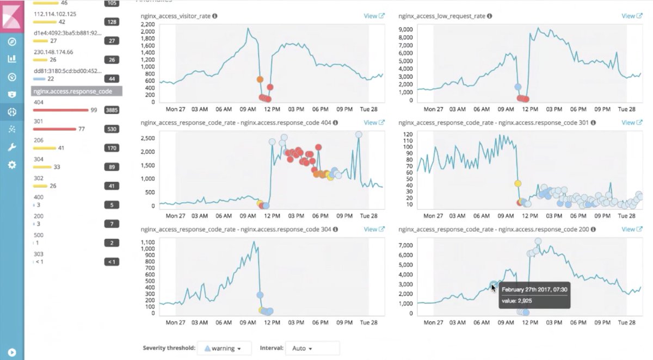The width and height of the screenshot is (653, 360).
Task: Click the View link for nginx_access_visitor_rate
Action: coord(374,16)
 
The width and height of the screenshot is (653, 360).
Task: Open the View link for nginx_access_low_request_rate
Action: coord(632,16)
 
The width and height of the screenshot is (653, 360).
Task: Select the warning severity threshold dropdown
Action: coord(224,348)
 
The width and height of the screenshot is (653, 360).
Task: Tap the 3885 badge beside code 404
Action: coord(112,110)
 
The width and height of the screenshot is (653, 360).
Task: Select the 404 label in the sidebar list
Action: coord(38,102)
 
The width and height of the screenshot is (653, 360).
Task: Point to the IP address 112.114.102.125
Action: coord(55,14)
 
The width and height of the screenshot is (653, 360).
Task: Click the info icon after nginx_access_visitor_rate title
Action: coord(215,16)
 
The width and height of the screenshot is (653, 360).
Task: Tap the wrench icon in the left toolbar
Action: coord(12,147)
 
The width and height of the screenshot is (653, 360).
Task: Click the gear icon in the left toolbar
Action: coord(12,164)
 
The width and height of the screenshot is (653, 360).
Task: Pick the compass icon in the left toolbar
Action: coord(12,42)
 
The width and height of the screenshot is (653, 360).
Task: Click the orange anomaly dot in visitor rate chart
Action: coord(260,79)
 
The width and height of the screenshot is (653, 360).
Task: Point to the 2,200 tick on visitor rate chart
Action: coord(147,24)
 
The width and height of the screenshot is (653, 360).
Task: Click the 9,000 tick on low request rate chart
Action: coord(406,29)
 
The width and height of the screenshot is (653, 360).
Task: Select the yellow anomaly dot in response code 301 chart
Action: coord(518,183)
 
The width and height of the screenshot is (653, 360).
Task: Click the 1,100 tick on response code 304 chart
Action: coord(147,242)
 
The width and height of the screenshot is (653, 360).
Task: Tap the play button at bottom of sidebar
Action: coord(12,352)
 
